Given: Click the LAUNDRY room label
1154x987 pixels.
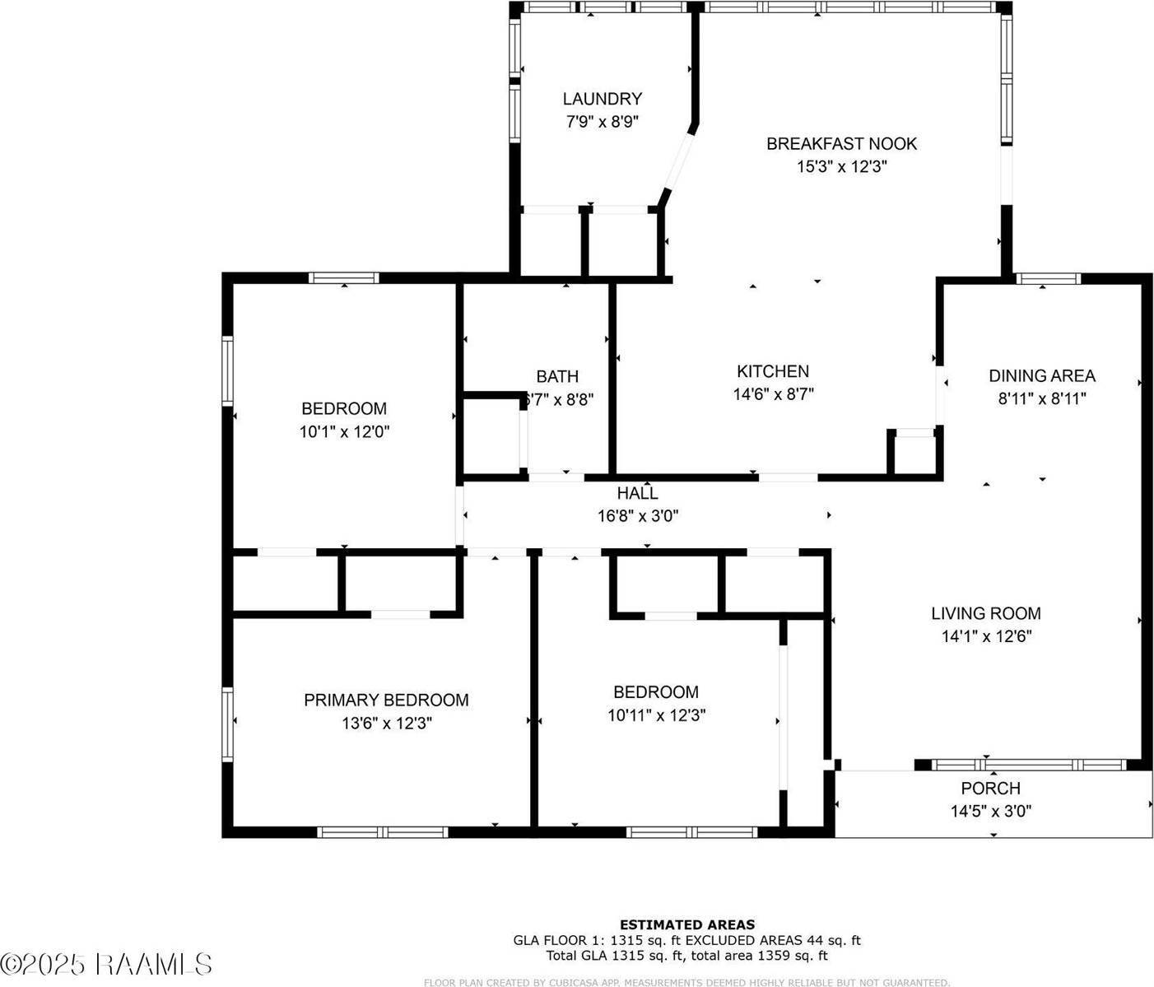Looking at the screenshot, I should pyautogui.click(x=602, y=99).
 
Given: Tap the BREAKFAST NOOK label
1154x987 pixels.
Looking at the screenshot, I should pyautogui.click(x=841, y=144).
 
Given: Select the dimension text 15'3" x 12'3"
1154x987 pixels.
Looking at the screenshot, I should pyautogui.click(x=841, y=166).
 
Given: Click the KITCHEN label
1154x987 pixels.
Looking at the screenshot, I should pyautogui.click(x=772, y=371).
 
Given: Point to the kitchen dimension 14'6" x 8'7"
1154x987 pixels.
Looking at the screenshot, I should pyautogui.click(x=773, y=394).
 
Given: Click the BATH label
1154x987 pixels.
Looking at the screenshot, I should pyautogui.click(x=557, y=376).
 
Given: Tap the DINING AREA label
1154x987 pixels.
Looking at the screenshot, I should pyautogui.click(x=1041, y=376).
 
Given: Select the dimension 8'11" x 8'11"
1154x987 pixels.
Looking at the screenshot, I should pyautogui.click(x=1041, y=399).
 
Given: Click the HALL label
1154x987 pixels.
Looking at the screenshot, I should pyautogui.click(x=637, y=493).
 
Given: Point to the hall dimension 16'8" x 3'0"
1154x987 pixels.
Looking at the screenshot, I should pyautogui.click(x=637, y=516).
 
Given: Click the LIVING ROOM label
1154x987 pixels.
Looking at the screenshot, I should pyautogui.click(x=985, y=613).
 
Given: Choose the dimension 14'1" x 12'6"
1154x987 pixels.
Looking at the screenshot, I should pyautogui.click(x=986, y=636).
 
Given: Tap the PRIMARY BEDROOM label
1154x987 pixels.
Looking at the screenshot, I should pyautogui.click(x=386, y=701).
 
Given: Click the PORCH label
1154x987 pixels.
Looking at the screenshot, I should pyautogui.click(x=990, y=788).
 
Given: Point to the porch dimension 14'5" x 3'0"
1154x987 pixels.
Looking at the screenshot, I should pyautogui.click(x=990, y=811).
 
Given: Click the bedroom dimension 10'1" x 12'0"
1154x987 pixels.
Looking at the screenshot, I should pyautogui.click(x=343, y=431).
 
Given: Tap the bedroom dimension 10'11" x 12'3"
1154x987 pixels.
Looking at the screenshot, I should pyautogui.click(x=656, y=715).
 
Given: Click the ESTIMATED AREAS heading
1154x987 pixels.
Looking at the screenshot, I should pyautogui.click(x=686, y=924).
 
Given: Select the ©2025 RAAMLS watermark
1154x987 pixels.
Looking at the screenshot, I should pyautogui.click(x=106, y=964).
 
